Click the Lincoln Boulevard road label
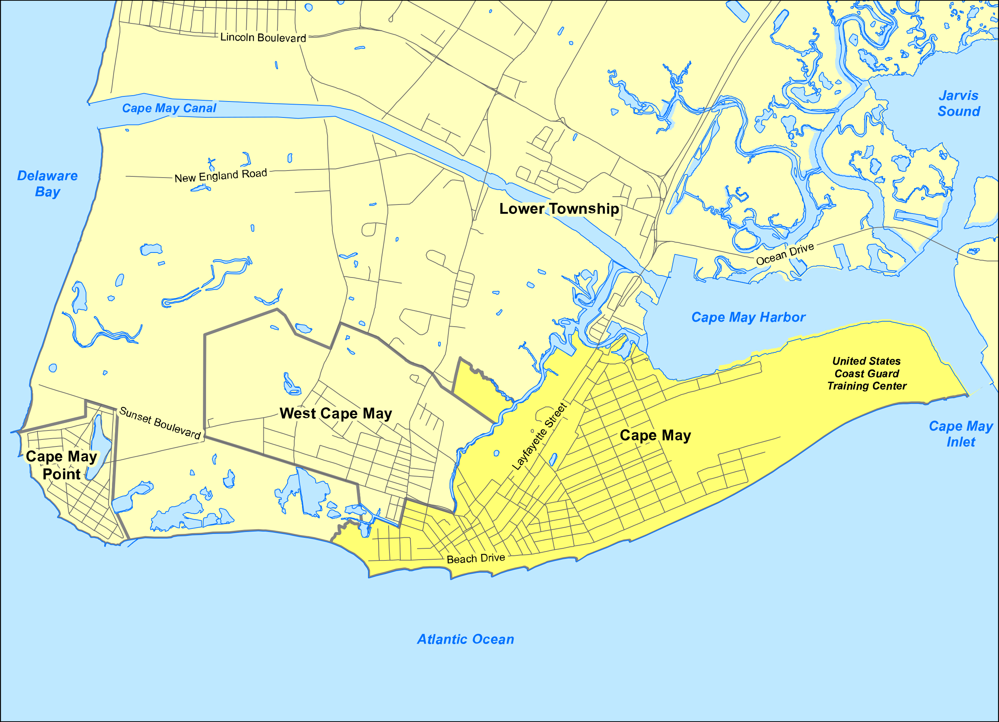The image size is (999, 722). tap(263, 37)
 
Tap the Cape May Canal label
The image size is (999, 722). tap(169, 108)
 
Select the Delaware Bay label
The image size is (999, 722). tap(48, 184)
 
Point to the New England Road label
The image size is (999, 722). tap(221, 176)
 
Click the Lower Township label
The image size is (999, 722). tap(559, 209)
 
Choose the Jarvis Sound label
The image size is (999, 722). tap(958, 103)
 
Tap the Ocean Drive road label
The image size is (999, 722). tap(785, 254)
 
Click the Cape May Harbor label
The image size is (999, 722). tap(748, 317)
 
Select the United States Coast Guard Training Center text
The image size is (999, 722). tap(866, 373)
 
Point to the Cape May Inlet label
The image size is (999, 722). tap(961, 434)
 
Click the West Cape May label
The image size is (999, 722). tap(336, 414)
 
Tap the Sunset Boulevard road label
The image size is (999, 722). tap(160, 423)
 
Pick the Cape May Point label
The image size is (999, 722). tap(61, 465)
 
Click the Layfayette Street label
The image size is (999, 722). tap(539, 437)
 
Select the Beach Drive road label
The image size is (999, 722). tap(476, 558)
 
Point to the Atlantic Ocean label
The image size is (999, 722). tap(466, 639)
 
